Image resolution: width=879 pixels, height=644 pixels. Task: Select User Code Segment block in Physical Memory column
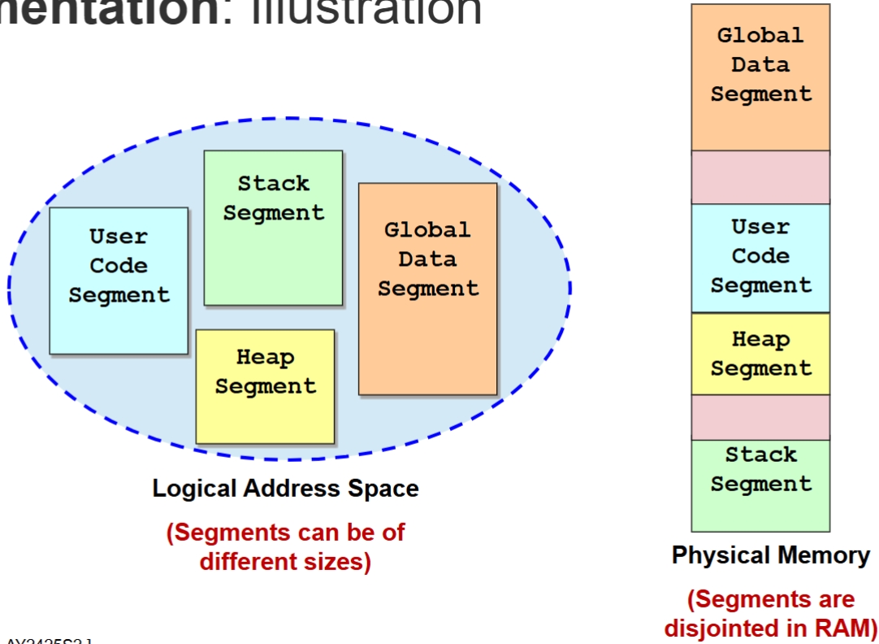[760, 257]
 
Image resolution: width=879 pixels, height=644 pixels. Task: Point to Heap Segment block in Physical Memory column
[760, 355]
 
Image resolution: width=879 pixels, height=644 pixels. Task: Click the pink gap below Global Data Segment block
[760, 177]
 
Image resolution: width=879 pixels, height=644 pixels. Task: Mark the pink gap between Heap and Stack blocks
[760, 417]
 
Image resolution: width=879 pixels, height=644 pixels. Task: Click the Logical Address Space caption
[285, 489]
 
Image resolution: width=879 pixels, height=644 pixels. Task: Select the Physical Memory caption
[770, 556]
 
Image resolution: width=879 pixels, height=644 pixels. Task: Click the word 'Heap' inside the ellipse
[265, 357]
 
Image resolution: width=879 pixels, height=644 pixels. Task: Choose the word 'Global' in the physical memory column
[760, 36]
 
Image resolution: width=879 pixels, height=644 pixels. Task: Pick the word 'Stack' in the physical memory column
[760, 455]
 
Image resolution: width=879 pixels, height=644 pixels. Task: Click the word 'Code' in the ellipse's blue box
[119, 266]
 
